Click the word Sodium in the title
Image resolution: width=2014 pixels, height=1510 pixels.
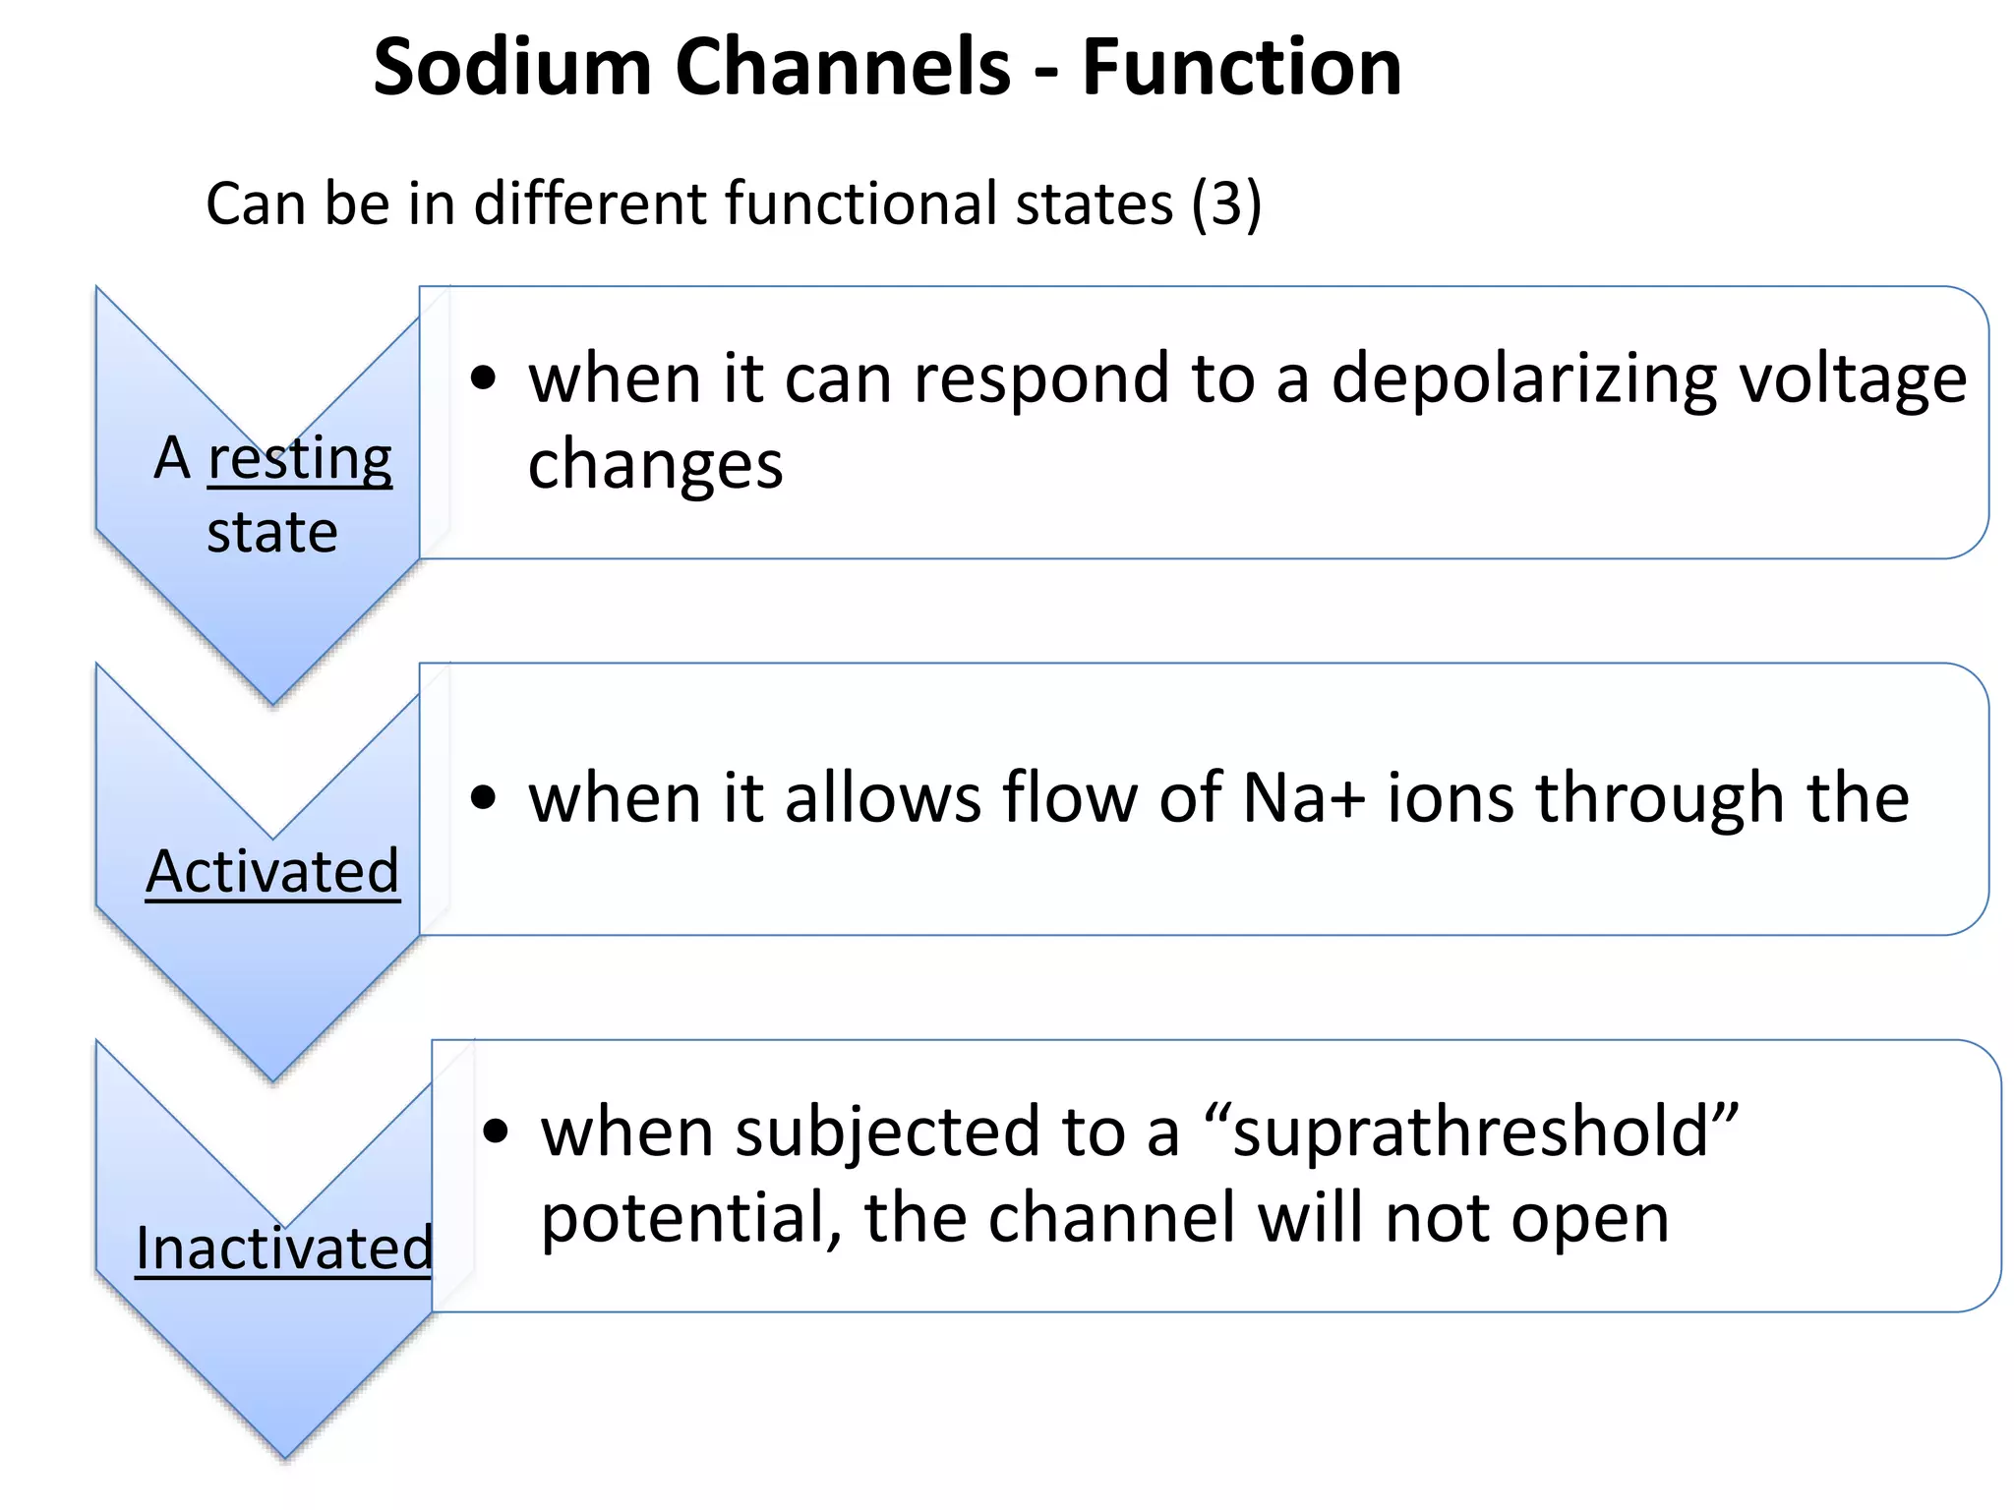click(512, 68)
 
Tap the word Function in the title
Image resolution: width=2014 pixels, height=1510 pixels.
click(1241, 68)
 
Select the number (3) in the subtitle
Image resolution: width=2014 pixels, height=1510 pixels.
click(1225, 204)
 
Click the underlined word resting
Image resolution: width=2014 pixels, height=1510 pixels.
click(300, 459)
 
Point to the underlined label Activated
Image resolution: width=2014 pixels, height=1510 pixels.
click(272, 872)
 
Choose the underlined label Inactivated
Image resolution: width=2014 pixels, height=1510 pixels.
click(284, 1249)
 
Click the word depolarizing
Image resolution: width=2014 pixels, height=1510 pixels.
click(1524, 379)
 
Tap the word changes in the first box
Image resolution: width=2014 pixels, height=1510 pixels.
click(655, 465)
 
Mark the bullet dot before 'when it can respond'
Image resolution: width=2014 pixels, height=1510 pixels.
click(483, 378)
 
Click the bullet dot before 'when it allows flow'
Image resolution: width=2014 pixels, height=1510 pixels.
click(483, 797)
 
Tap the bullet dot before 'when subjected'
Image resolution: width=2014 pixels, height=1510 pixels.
click(496, 1132)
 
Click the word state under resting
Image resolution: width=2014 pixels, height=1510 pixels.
click(272, 534)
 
